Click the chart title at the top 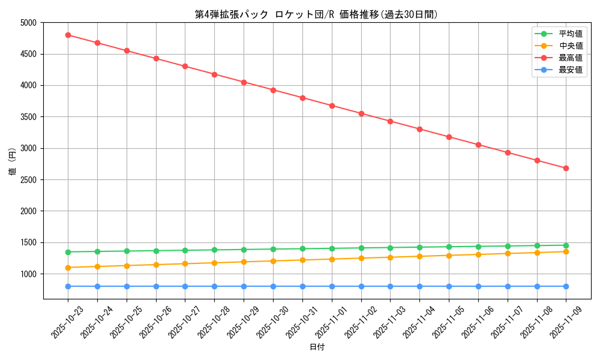click(x=316, y=14)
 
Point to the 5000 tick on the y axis click(x=28, y=23)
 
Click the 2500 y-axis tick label click(x=28, y=180)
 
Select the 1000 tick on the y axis click(x=28, y=274)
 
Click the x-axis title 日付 click(x=316, y=347)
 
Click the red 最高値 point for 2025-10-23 click(x=68, y=35)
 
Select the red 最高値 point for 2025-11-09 click(x=566, y=168)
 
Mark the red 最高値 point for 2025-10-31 click(x=302, y=98)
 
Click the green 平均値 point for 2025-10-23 click(x=68, y=252)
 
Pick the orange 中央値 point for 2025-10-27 click(x=185, y=264)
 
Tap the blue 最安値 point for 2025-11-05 click(x=449, y=286)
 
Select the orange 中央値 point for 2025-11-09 click(x=566, y=251)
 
